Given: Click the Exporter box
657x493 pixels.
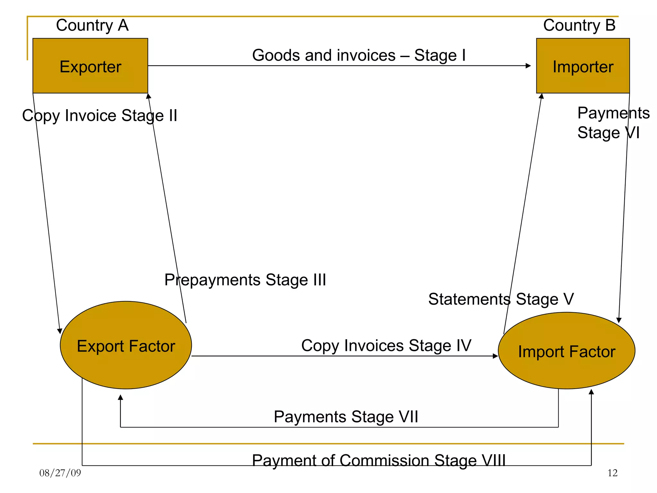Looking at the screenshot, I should point(90,66).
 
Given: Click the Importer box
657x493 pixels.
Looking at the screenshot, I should point(583,66).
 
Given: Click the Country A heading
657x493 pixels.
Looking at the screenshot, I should point(92,25).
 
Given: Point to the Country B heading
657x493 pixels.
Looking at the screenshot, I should point(579,25).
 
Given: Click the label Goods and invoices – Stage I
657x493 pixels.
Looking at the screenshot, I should point(359,55).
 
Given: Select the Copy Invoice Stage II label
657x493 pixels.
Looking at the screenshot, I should point(99,115).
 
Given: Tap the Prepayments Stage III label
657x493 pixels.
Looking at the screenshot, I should point(245,280).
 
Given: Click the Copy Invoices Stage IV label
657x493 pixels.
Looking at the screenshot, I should point(386,345).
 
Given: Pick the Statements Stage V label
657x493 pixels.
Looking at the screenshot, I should point(501,299).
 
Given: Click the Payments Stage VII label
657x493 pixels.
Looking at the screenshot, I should point(346,417).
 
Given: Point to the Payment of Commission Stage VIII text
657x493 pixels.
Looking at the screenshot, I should point(379,460).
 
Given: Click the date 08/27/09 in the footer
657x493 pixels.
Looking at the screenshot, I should point(60,473).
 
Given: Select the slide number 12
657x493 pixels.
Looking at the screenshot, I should point(612,473).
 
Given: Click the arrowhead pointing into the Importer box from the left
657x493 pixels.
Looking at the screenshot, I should point(528,66).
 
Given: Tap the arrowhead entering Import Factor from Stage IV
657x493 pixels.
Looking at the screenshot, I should point(495,356).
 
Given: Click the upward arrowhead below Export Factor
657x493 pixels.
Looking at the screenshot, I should point(120,397).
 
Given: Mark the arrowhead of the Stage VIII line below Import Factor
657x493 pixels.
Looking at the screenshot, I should point(591,392).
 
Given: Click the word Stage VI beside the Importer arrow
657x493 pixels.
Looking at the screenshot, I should point(608,133).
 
